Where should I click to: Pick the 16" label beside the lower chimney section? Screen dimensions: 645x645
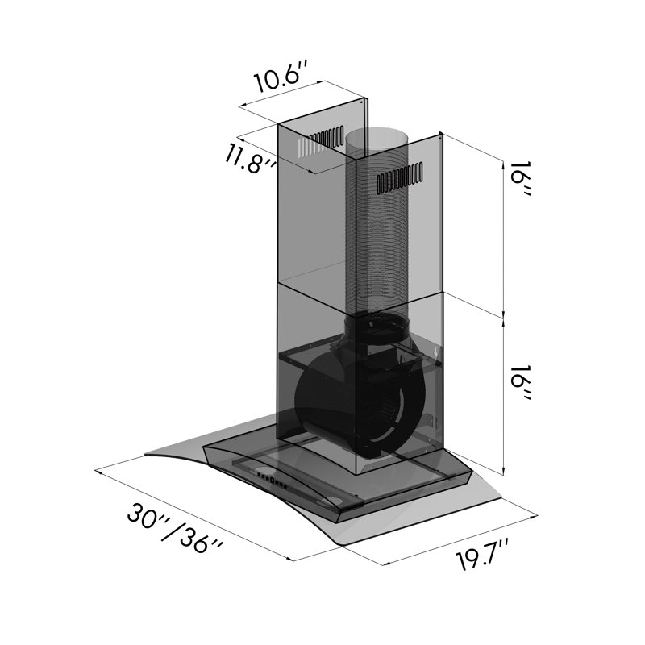coord(522,382)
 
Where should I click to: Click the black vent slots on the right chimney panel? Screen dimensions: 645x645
coord(400,178)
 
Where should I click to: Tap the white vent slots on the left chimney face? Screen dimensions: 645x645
coord(313,147)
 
